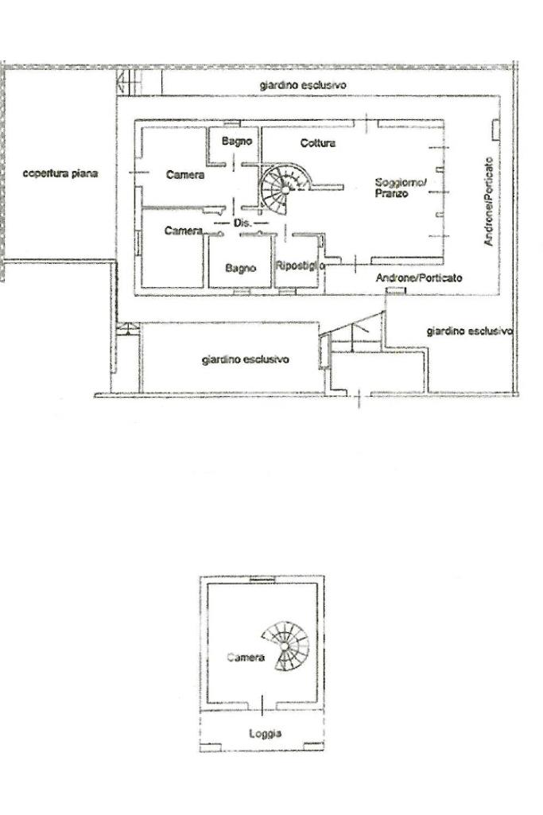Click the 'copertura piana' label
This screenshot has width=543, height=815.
(60, 173)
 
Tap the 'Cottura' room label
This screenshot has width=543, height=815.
(318, 144)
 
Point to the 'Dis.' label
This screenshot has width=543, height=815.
(242, 224)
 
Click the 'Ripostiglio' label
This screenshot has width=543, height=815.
(300, 266)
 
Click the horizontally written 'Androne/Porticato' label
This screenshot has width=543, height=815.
(419, 278)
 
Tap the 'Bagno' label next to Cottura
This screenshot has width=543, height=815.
(237, 142)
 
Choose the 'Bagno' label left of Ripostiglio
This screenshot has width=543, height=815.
(240, 269)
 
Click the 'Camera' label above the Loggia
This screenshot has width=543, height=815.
(245, 658)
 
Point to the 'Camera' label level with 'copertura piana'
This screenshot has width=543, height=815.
(185, 175)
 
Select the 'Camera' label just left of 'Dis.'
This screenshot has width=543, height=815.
(184, 231)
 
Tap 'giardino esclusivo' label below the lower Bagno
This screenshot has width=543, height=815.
(245, 359)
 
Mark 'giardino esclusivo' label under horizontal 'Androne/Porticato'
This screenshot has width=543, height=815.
(469, 331)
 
